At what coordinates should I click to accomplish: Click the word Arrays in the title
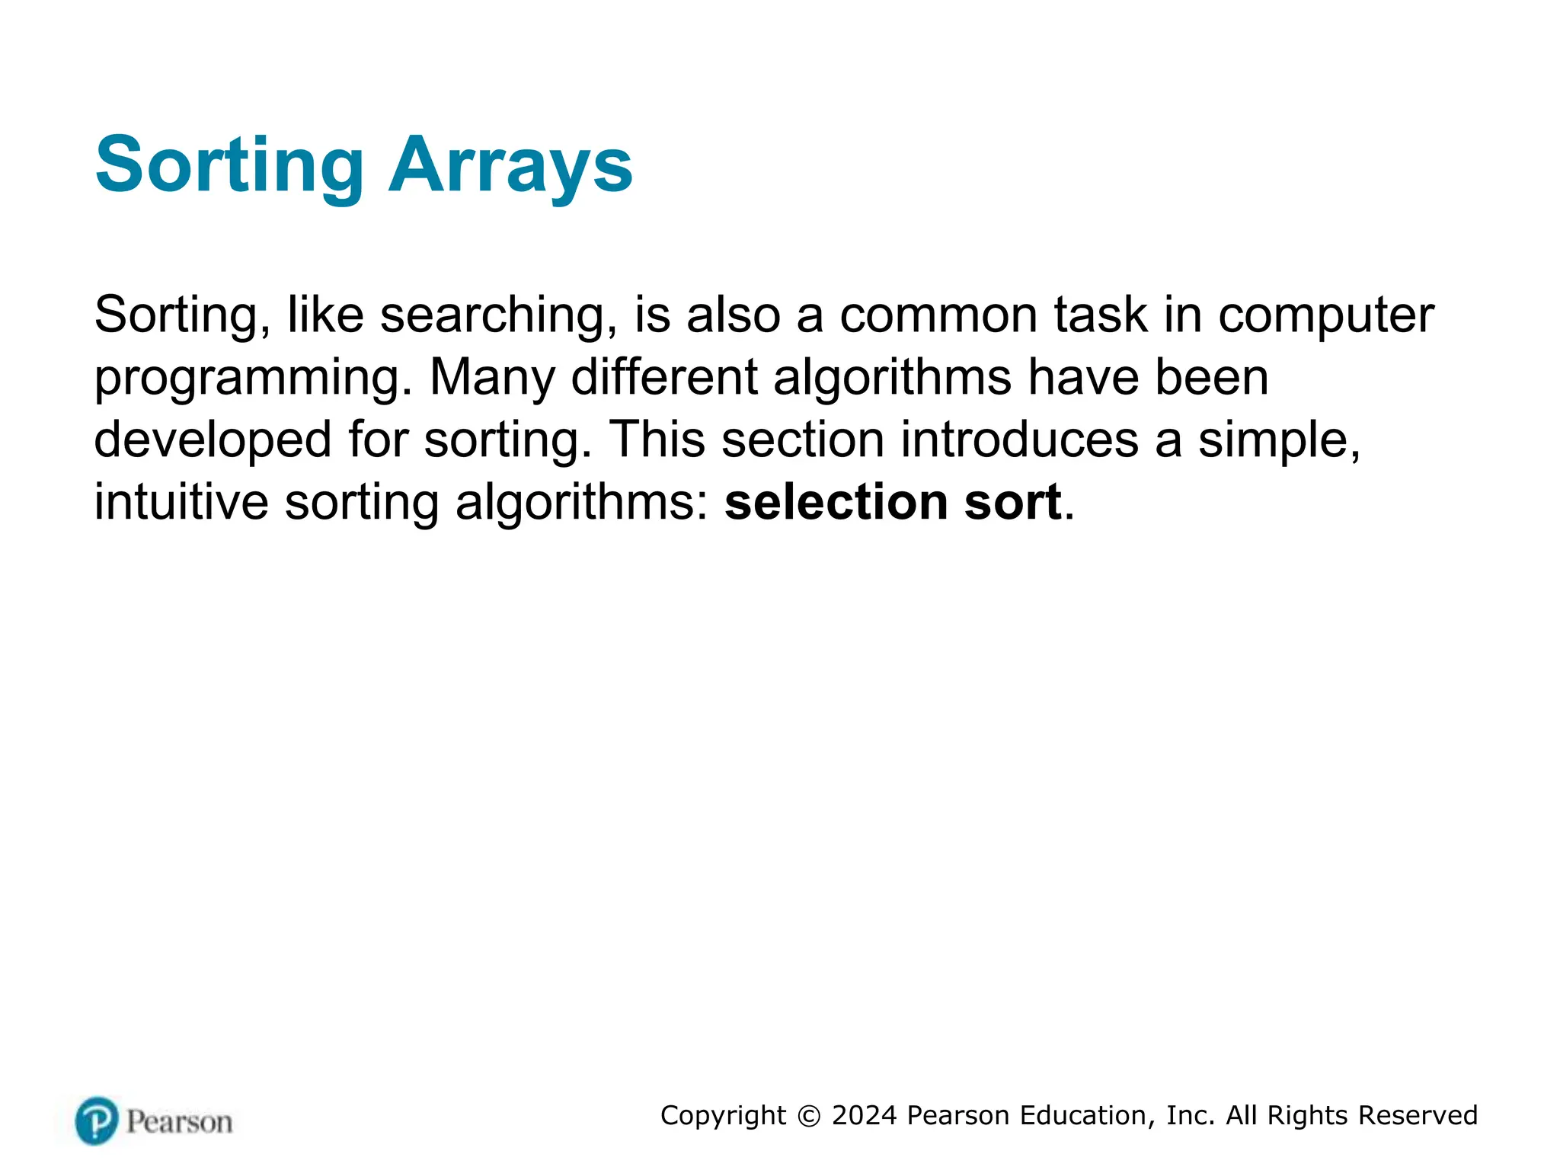point(510,165)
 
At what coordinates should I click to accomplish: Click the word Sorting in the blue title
point(229,165)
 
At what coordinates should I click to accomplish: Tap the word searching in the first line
point(498,315)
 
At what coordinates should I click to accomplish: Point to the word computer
point(1326,315)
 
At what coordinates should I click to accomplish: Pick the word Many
point(492,377)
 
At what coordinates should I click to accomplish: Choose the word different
point(664,377)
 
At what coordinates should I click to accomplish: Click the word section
point(803,440)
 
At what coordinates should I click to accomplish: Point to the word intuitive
point(181,503)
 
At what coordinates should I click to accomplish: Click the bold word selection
point(836,503)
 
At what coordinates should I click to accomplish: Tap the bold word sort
point(1012,503)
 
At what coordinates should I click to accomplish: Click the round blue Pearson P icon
point(97,1120)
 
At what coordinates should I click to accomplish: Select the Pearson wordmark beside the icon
point(179,1122)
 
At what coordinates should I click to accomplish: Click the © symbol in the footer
point(809,1116)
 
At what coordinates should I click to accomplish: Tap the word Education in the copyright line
point(1085,1115)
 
